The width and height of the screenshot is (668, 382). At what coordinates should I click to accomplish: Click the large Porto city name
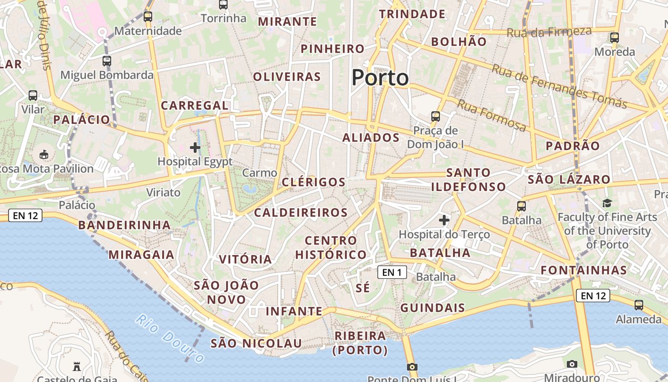(380, 78)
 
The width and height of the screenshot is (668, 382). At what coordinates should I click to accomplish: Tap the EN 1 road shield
(392, 272)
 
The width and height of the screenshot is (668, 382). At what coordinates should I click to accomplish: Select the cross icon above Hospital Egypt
(195, 148)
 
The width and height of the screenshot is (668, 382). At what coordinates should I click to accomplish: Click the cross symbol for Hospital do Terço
(444, 220)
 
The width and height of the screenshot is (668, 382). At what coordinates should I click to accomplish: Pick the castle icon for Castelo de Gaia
(76, 367)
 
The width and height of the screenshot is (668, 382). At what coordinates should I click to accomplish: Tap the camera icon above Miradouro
(572, 364)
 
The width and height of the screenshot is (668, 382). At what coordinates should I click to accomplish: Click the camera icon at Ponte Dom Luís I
(412, 367)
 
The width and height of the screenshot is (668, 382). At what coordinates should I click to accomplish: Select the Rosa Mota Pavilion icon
(44, 154)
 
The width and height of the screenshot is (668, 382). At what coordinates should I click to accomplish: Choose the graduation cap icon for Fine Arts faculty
(607, 203)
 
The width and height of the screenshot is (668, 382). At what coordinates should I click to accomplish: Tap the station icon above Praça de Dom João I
(435, 116)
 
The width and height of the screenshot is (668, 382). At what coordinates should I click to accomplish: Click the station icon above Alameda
(639, 305)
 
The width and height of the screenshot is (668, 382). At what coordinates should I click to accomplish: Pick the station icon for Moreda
(615, 37)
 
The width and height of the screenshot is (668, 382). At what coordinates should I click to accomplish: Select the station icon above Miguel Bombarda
(107, 61)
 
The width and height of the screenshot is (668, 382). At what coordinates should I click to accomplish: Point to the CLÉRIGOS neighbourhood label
(313, 182)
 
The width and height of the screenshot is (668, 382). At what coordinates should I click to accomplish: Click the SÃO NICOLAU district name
(256, 343)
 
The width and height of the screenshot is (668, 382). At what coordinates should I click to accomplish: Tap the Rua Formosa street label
(492, 116)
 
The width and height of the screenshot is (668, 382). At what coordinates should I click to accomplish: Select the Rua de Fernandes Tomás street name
(559, 86)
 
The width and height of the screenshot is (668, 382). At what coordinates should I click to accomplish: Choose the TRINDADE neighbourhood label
(412, 14)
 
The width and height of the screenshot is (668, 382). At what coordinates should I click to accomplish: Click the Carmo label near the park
(260, 173)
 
